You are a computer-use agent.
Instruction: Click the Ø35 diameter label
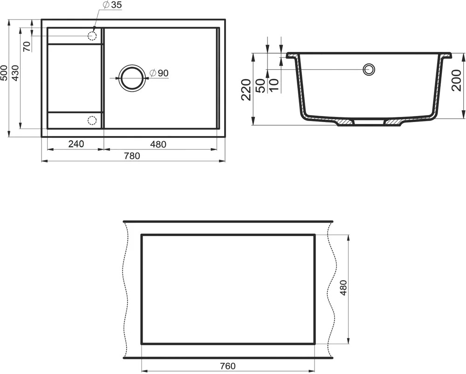(x=112, y=5)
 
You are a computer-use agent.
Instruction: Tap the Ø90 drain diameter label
(x=159, y=73)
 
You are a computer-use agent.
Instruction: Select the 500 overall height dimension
(x=4, y=73)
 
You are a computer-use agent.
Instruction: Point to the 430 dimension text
(x=15, y=73)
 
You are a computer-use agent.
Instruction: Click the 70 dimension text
(x=27, y=47)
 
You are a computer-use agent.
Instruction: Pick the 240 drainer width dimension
(x=76, y=144)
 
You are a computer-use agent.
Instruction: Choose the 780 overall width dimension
(x=132, y=156)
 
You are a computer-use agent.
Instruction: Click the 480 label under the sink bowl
(x=158, y=144)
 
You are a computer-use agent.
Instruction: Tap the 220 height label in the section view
(x=247, y=90)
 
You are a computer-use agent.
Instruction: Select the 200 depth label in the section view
(x=456, y=80)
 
